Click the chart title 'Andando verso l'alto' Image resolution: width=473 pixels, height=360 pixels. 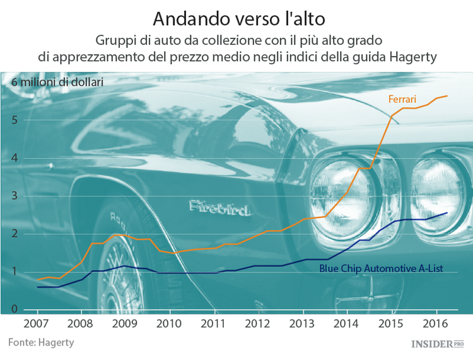pos(237,16)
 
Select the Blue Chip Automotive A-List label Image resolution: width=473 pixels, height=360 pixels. pos(381,269)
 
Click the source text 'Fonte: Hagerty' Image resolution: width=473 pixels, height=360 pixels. pos(41,342)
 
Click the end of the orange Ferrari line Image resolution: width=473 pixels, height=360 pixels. pos(447,96)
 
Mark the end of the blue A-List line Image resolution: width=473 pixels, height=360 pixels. pos(447,213)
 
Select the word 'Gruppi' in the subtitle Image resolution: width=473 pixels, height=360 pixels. pos(114,40)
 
